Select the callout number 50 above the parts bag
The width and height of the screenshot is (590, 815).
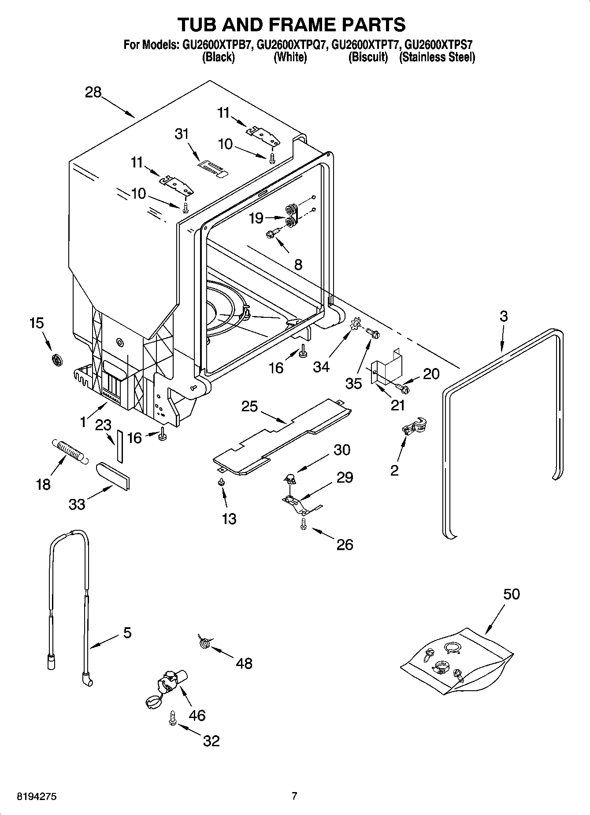click(512, 594)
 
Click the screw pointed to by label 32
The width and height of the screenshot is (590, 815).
click(173, 717)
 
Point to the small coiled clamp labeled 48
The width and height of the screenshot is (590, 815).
click(204, 641)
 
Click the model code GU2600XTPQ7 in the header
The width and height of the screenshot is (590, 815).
click(292, 45)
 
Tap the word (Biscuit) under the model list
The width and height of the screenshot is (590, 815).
click(368, 57)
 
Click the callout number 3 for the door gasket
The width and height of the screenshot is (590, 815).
click(503, 316)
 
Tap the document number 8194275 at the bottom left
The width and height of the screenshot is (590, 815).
click(37, 796)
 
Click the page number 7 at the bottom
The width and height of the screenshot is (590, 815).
click(294, 796)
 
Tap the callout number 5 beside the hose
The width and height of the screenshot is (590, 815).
click(127, 633)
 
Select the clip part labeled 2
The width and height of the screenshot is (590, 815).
click(413, 427)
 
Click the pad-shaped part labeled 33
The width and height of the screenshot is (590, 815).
click(113, 476)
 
